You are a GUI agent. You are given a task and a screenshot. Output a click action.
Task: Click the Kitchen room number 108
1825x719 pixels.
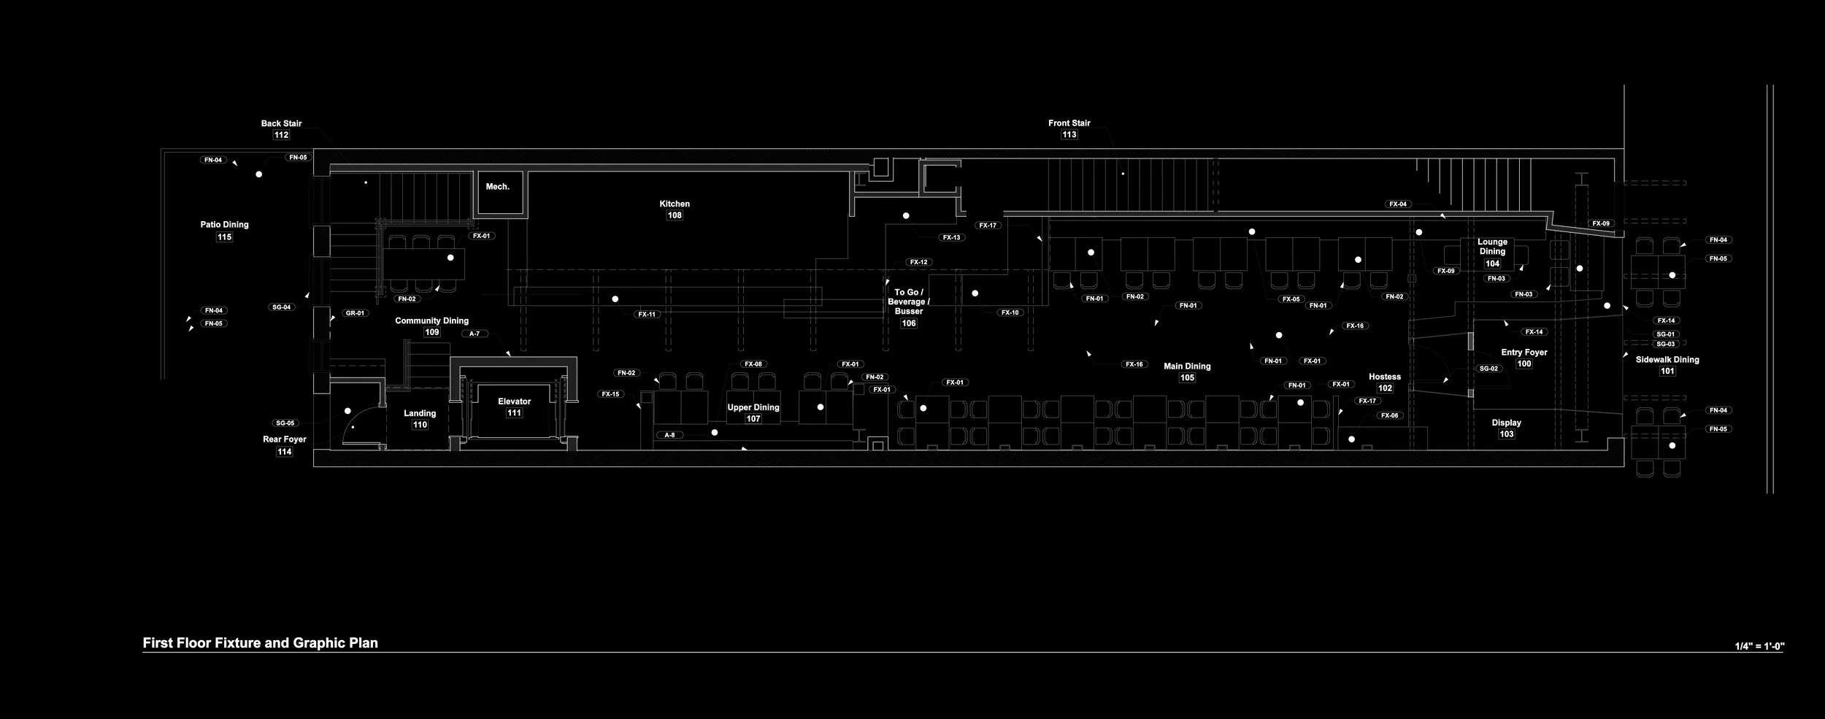[x=675, y=215]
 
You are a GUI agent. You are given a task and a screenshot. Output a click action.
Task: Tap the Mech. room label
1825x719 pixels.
[x=497, y=187]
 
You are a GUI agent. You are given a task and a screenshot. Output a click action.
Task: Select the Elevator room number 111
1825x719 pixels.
[x=514, y=413]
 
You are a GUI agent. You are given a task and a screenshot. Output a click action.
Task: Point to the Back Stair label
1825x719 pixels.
[x=281, y=123]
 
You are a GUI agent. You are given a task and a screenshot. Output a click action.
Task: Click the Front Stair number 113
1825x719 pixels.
[x=1069, y=135]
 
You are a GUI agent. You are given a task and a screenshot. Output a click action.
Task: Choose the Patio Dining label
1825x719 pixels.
[x=224, y=225]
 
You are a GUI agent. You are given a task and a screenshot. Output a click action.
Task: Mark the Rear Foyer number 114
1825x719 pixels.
[x=284, y=452]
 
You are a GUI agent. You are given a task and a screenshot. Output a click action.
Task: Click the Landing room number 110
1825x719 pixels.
[x=420, y=425]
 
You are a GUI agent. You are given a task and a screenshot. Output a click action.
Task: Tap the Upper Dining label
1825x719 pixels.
[x=753, y=407]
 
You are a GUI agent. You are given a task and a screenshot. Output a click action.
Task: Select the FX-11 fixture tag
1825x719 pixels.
[x=647, y=315]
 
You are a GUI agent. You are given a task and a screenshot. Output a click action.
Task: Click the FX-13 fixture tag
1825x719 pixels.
[x=951, y=238]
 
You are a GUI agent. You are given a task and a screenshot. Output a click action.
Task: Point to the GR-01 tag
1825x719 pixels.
[x=355, y=313]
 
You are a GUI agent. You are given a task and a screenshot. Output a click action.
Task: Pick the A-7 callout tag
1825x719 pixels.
[x=474, y=334]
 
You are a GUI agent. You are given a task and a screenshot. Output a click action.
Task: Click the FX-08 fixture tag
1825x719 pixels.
[x=753, y=364]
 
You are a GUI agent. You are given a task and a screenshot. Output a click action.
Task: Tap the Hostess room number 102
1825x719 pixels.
[x=1385, y=388]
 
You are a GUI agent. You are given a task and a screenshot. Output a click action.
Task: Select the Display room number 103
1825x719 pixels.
[x=1506, y=434]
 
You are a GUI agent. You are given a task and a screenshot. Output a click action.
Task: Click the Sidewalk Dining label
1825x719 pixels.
[x=1667, y=360]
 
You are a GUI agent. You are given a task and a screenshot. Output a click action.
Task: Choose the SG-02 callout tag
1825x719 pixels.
[x=1488, y=369]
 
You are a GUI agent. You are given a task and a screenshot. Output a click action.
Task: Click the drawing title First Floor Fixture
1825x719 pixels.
[x=260, y=643]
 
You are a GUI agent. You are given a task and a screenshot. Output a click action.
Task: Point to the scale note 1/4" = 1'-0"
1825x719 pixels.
[x=1759, y=647]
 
